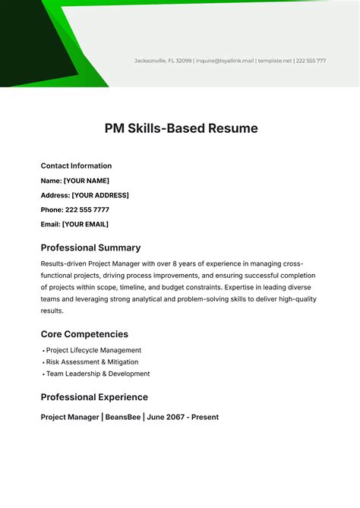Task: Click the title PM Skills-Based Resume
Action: [181, 128]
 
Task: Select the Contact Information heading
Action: [76, 166]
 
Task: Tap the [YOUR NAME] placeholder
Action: [86, 181]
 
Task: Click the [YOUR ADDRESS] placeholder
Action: [100, 195]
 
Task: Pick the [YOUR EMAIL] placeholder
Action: [85, 224]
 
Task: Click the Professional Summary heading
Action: [90, 248]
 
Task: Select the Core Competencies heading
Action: [84, 334]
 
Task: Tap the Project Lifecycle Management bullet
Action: [93, 350]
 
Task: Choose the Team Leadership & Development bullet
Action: [98, 374]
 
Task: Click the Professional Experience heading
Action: [94, 397]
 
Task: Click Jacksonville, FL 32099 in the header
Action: [163, 61]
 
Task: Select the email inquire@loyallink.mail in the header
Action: [225, 61]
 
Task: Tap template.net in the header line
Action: [274, 61]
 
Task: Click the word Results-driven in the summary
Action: [65, 263]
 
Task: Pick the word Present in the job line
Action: [204, 417]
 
